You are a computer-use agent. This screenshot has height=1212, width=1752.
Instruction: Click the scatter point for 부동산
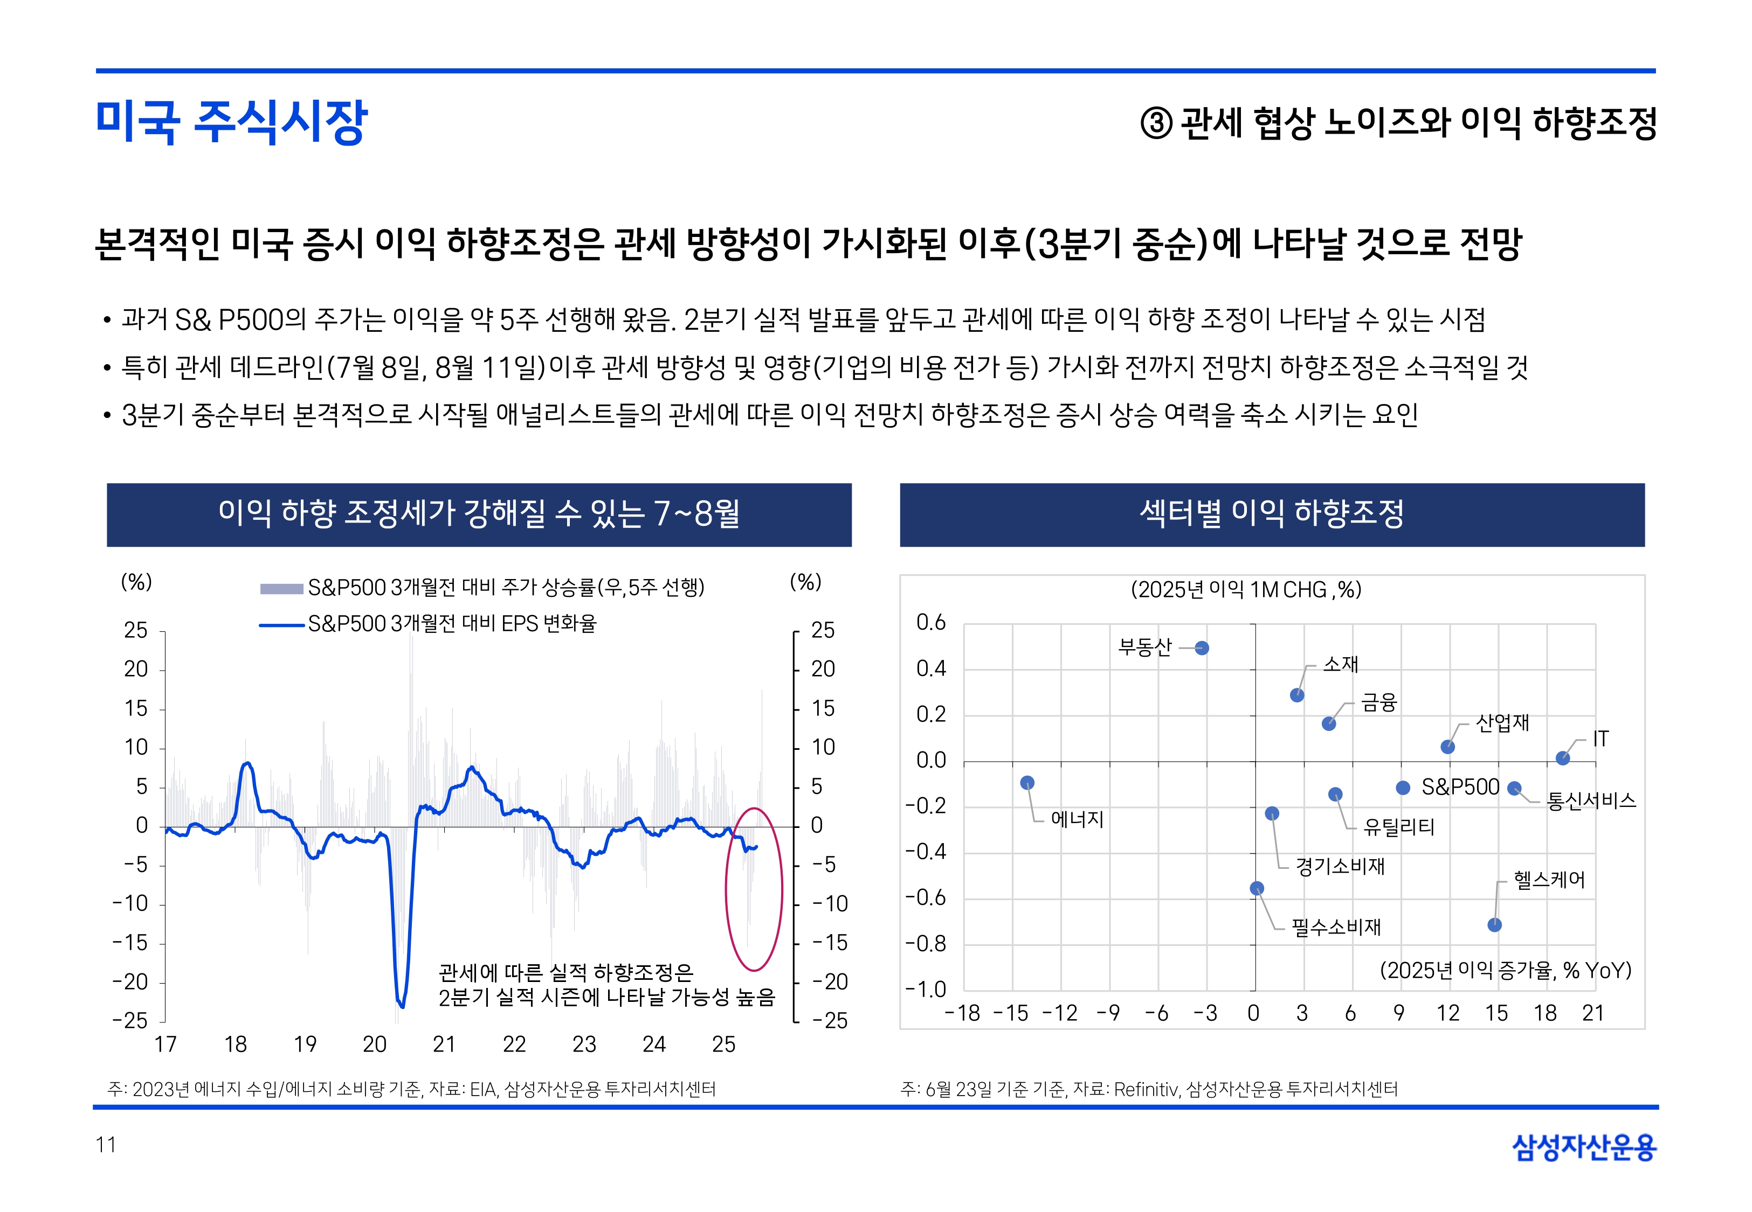(1201, 648)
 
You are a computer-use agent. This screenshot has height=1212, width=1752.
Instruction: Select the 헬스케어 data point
(1494, 924)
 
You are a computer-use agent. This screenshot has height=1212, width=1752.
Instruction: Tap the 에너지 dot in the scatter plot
(1027, 782)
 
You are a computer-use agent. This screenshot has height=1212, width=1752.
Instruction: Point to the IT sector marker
(1562, 758)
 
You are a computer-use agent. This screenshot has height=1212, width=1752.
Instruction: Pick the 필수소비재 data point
(1257, 888)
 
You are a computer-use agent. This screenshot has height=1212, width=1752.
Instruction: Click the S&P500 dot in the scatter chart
(1403, 788)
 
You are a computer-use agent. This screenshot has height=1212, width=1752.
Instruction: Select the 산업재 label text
(1502, 722)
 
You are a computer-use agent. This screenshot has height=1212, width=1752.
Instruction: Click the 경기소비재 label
(1340, 866)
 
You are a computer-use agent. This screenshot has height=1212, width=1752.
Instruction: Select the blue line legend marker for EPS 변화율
(281, 625)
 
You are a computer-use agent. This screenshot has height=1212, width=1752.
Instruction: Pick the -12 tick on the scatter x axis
(1059, 1013)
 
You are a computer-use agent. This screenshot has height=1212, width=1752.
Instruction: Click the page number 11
(106, 1145)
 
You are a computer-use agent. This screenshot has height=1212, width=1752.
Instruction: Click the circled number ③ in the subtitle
(1156, 123)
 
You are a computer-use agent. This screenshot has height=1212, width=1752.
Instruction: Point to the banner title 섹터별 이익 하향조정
(1271, 514)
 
